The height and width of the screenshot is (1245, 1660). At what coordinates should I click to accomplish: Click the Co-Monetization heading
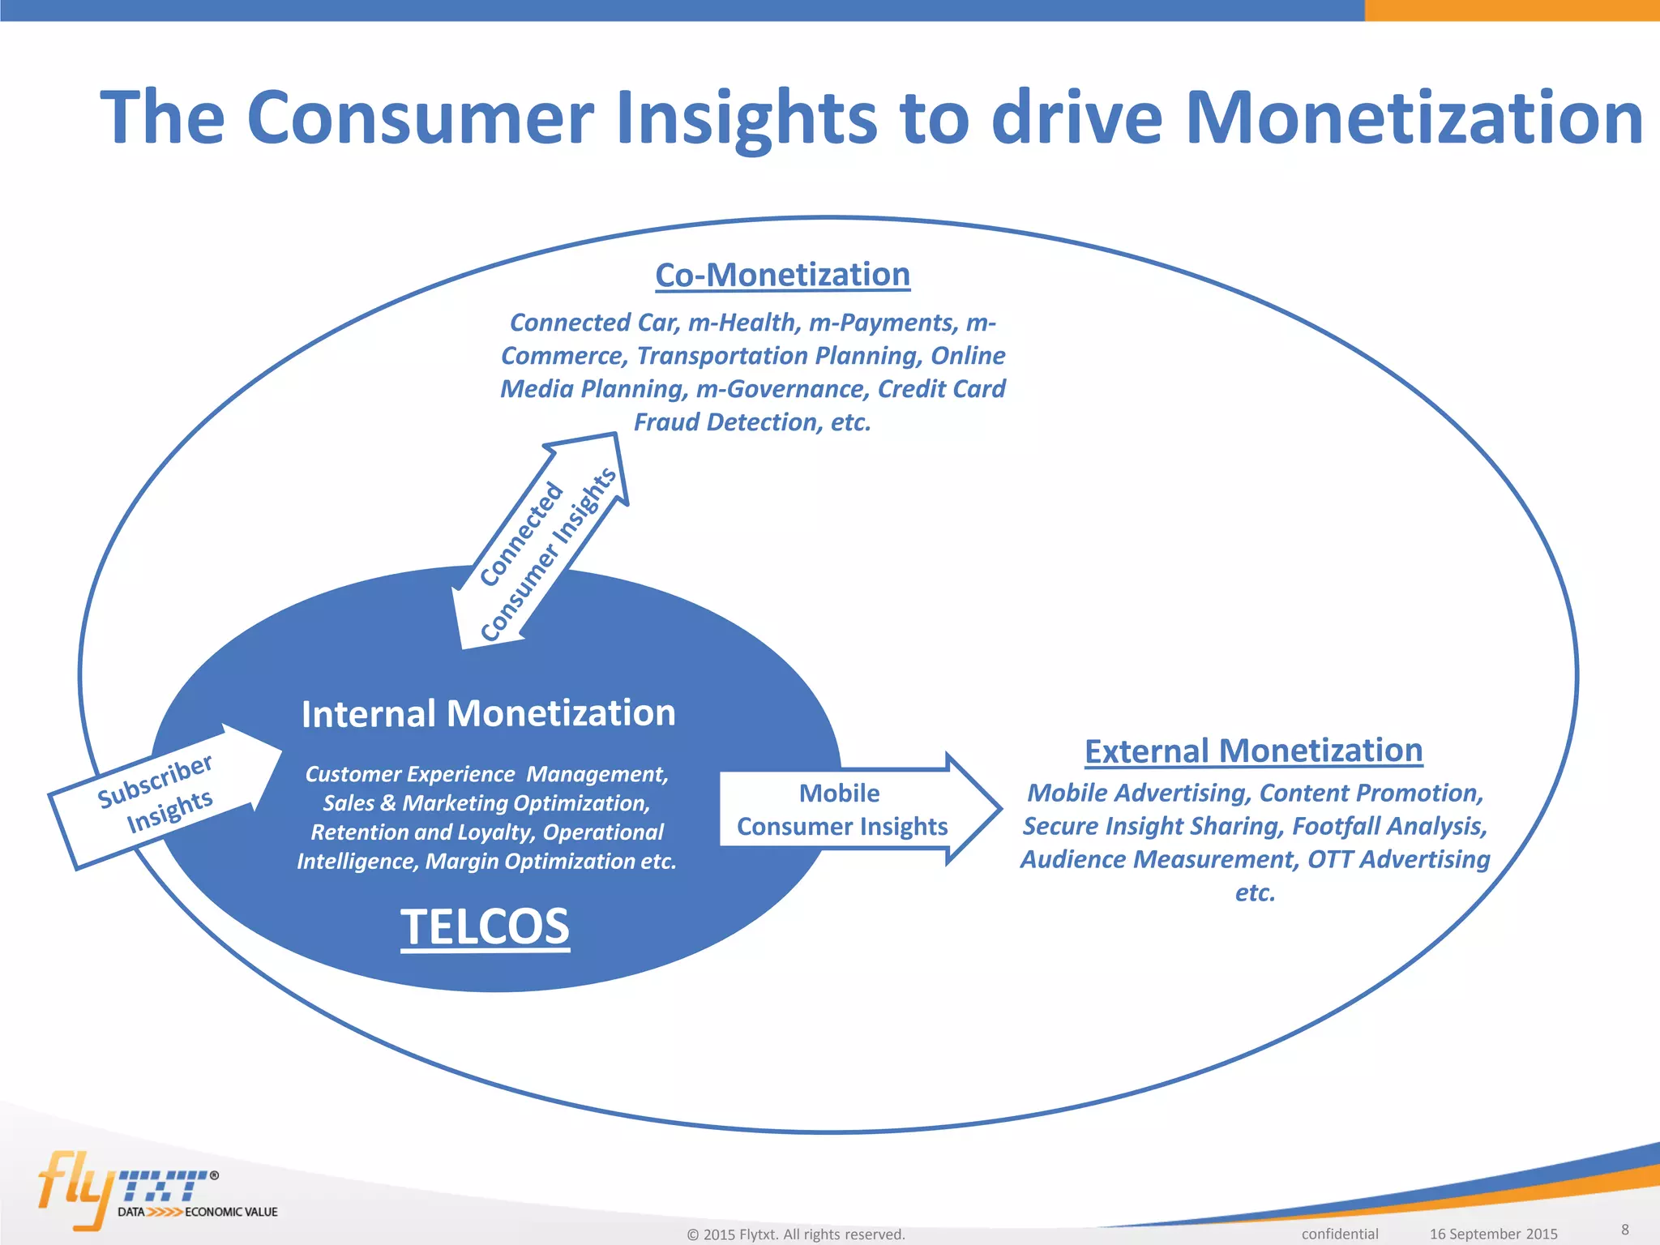(782, 275)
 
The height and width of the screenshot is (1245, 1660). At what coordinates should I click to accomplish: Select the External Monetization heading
(1253, 751)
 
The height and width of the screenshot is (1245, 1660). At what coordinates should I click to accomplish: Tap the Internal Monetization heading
(488, 714)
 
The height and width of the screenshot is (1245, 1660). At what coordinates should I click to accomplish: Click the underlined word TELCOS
(485, 926)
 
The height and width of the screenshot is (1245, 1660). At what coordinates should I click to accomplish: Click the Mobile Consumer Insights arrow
(851, 809)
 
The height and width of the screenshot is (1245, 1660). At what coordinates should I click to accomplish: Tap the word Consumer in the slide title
(421, 118)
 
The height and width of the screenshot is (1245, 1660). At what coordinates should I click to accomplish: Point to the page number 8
(1624, 1229)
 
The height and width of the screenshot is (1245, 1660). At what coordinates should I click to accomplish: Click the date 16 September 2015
(1493, 1234)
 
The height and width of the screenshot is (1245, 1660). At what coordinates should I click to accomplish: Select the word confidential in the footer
(1339, 1234)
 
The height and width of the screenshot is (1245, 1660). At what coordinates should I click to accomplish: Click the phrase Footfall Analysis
(1389, 826)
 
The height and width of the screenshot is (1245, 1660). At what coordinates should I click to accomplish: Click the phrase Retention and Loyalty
(421, 832)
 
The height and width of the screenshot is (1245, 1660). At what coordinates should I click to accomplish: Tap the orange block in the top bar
(1512, 10)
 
